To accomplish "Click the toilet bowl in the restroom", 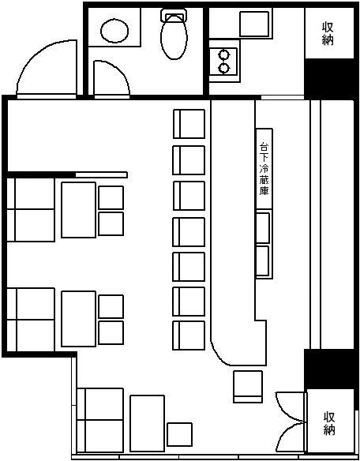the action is pos(174,37).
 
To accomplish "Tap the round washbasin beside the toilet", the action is pos(114,31).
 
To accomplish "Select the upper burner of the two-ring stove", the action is pos(223,54).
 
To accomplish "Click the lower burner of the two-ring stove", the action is pos(223,68).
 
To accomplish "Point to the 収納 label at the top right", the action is pos(328,34).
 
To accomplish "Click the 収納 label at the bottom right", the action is pos(329,424).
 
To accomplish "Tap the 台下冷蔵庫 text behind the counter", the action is pos(264,169).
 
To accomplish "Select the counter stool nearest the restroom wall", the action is pos(189,124).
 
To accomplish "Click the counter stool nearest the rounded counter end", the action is pos(189,335).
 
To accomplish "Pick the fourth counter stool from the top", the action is pos(189,232).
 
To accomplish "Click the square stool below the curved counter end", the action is pos(248,387).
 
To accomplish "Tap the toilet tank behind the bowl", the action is pos(174,15).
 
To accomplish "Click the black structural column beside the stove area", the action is pos(329,79).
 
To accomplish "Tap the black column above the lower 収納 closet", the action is pos(329,369).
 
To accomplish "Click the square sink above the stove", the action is pos(254,24).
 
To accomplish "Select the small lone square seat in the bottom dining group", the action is pos(180,434).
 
